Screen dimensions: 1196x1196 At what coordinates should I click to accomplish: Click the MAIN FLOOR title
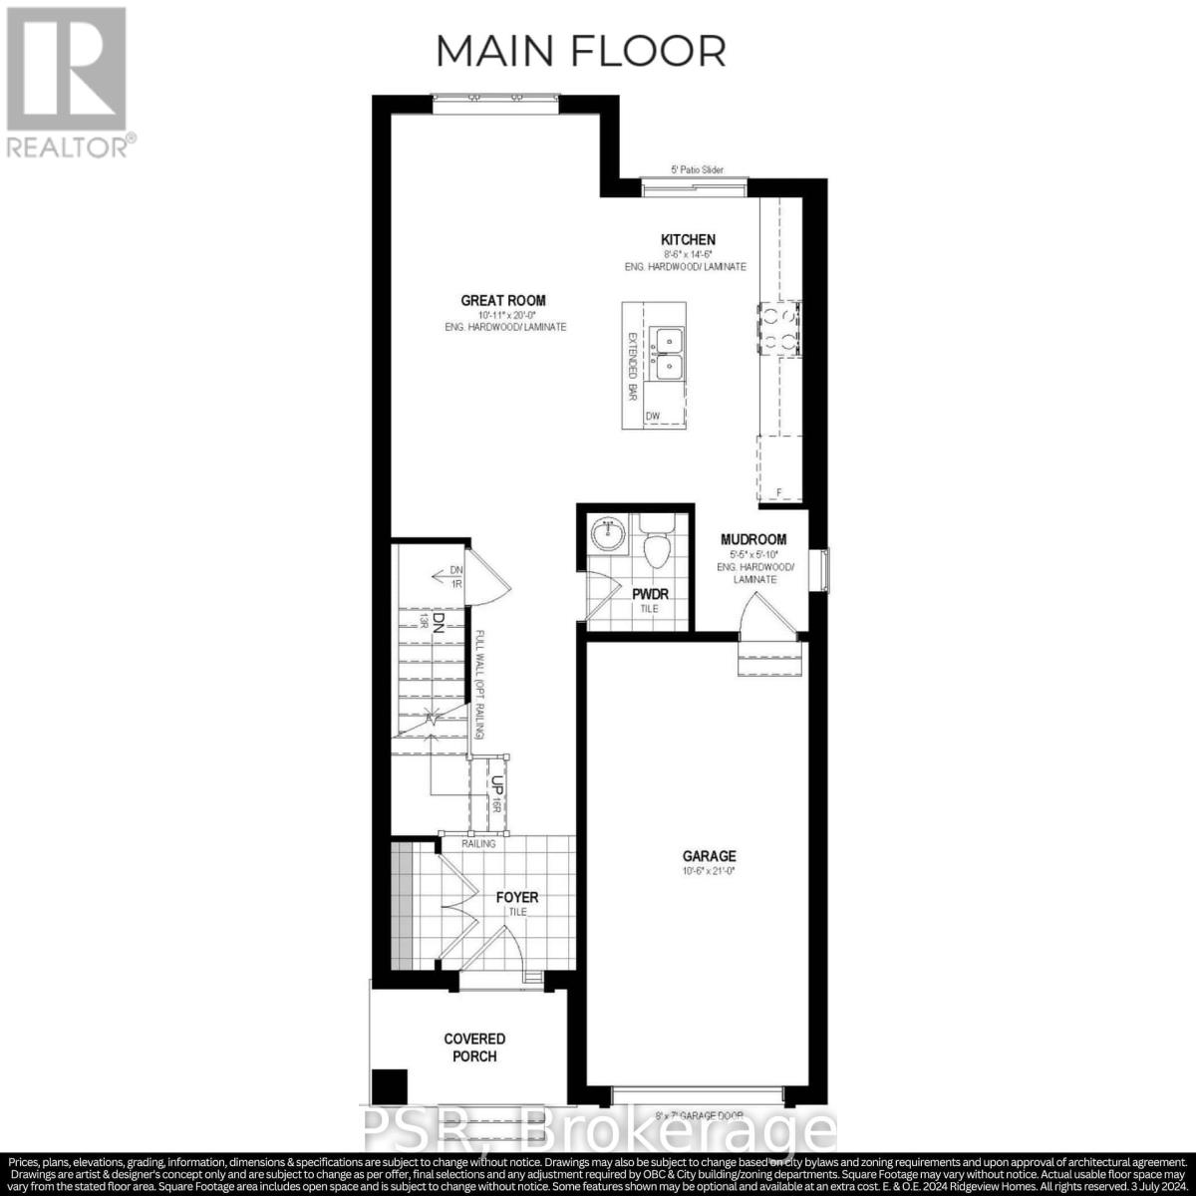(581, 50)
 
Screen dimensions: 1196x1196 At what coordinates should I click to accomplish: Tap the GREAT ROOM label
(503, 300)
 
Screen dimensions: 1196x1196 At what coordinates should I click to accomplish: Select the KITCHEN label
(688, 239)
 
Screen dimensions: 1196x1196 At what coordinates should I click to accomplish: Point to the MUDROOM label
(754, 539)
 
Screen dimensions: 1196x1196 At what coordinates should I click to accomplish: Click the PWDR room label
(650, 595)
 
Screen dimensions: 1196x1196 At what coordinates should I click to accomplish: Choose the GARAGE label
(709, 855)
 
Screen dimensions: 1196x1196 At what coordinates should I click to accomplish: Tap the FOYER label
(517, 897)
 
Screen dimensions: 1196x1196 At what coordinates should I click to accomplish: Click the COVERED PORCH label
(475, 1047)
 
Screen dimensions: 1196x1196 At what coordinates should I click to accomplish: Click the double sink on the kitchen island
(667, 354)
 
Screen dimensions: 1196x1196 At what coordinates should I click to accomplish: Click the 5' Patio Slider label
(698, 170)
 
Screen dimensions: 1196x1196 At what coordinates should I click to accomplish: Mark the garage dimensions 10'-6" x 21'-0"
(709, 871)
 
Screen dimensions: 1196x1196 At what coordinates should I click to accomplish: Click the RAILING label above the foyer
(478, 844)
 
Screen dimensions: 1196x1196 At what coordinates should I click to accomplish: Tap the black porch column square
(391, 1084)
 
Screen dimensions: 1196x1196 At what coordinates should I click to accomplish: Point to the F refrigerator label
(779, 492)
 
